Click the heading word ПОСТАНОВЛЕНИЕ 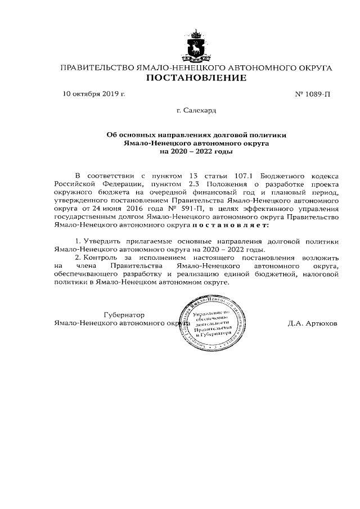pos(196,78)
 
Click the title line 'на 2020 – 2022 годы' pos(196,151)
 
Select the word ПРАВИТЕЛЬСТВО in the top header pos(97,68)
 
